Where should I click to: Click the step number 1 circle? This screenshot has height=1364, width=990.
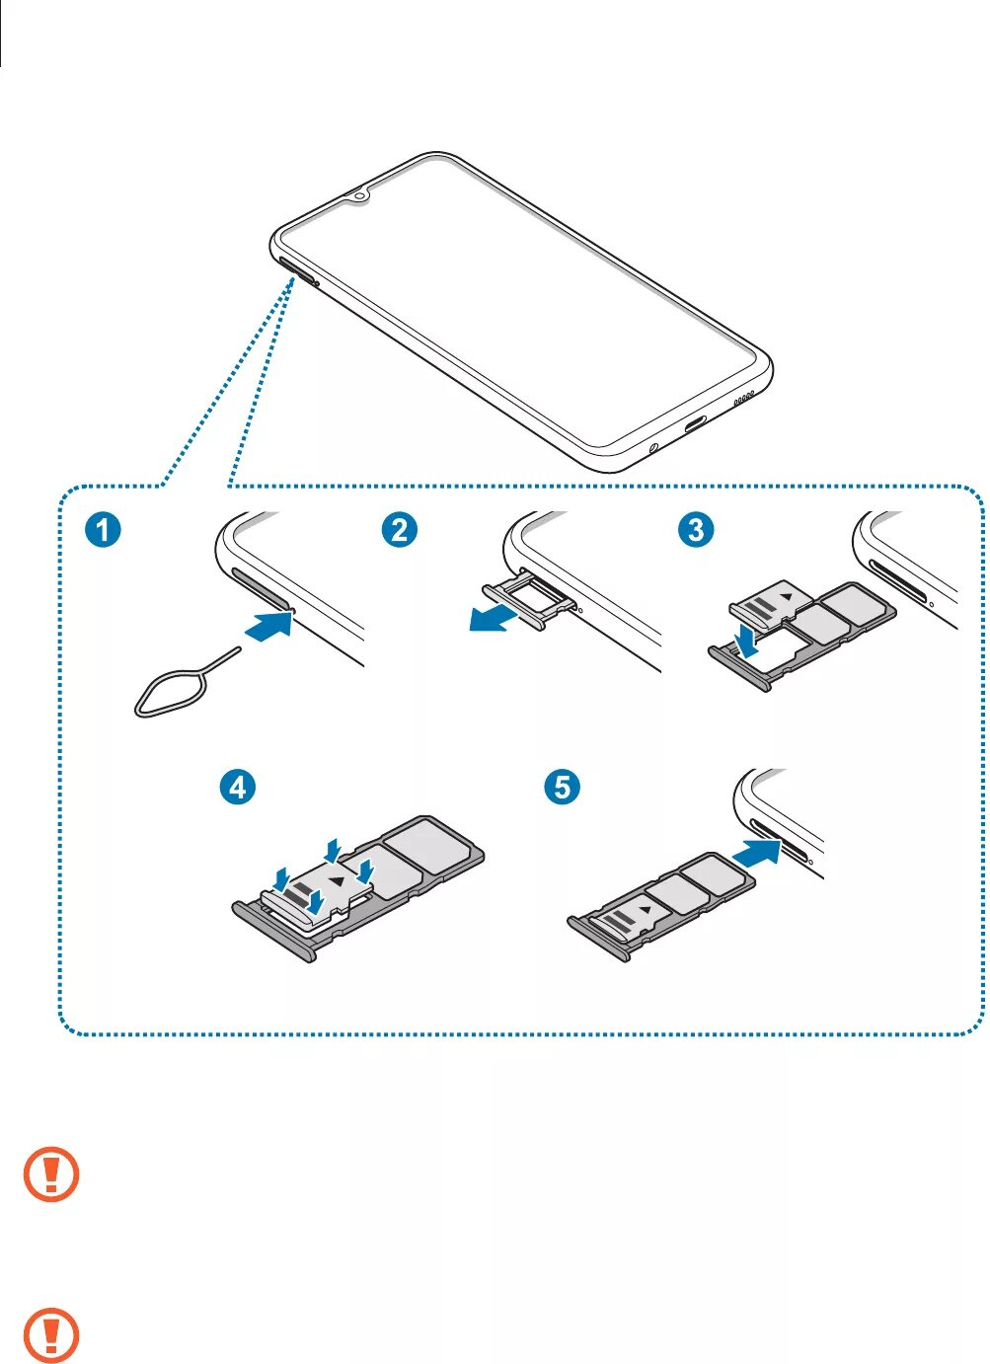(x=103, y=530)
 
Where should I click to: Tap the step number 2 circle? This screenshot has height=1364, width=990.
(x=400, y=530)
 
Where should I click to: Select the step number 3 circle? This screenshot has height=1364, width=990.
(x=696, y=530)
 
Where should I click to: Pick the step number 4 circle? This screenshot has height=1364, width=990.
(x=237, y=788)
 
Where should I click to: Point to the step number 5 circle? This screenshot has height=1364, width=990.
(x=563, y=788)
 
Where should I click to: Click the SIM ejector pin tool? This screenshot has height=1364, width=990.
(x=183, y=685)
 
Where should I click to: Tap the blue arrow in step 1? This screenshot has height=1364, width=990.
(x=267, y=626)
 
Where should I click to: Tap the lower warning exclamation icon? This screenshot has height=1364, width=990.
(x=51, y=1335)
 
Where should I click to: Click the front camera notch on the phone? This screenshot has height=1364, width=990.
(x=361, y=195)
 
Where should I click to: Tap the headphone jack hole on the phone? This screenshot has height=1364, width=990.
(x=654, y=448)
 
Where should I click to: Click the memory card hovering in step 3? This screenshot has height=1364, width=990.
(x=770, y=599)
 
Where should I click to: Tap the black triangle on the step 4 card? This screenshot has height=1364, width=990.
(x=339, y=879)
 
